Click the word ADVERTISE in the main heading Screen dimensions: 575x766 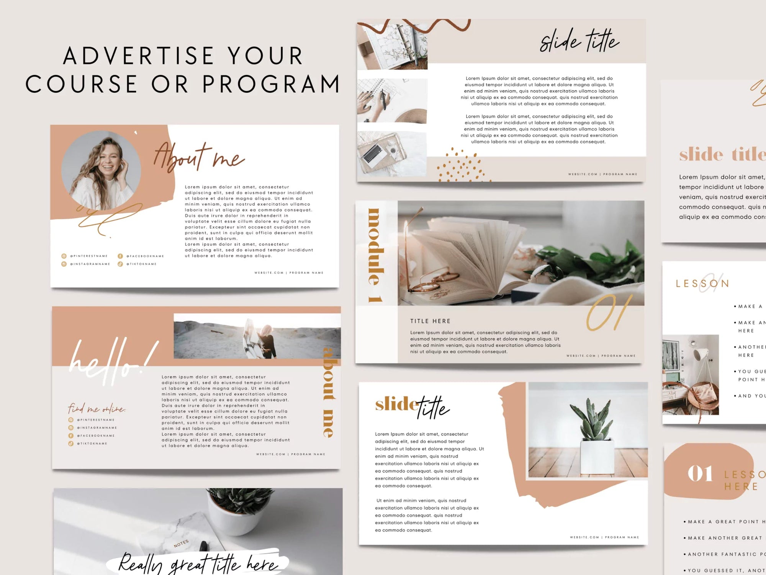pos(138,56)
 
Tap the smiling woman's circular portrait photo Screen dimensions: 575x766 pos(101,171)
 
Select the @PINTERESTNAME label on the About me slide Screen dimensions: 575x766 pos(88,256)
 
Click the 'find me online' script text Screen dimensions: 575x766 pos(97,409)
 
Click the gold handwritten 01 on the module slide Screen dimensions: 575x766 pos(609,312)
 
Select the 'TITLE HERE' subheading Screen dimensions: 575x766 pos(430,321)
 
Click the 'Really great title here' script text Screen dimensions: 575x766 pos(197,563)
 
